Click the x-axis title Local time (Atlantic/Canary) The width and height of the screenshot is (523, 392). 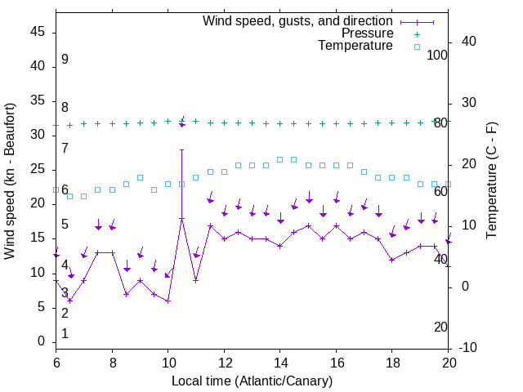[252, 381]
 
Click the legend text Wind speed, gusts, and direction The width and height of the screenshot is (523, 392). [298, 20]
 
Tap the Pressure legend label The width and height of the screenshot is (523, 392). [368, 33]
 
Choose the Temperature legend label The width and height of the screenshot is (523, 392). [355, 46]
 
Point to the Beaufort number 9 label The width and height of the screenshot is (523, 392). [65, 60]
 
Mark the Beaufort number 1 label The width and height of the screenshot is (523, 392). [65, 334]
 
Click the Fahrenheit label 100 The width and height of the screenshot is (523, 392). [438, 55]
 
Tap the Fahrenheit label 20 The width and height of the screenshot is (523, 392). [440, 327]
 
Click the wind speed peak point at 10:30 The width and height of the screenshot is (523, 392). [181, 219]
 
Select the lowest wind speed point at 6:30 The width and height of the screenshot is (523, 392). [69, 301]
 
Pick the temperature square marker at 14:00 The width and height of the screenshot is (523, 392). [280, 159]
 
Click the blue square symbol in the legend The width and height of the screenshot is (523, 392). [417, 47]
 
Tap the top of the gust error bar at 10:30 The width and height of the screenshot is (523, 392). [181, 150]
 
